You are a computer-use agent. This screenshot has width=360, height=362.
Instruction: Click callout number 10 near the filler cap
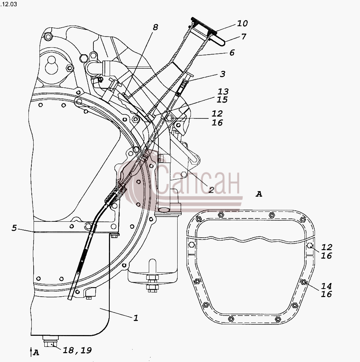click(242, 23)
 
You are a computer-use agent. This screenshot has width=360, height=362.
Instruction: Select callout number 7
click(244, 37)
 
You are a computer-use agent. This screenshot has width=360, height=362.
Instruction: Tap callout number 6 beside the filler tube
click(232, 53)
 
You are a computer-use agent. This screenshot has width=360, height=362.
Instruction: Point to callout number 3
click(222, 74)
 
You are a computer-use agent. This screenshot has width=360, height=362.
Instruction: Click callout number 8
click(155, 27)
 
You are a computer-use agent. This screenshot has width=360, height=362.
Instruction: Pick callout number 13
click(223, 92)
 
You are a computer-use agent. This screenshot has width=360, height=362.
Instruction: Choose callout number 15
click(222, 100)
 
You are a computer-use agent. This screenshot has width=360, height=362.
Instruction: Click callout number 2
click(211, 190)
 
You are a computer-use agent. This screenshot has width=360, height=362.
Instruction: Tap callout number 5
click(14, 228)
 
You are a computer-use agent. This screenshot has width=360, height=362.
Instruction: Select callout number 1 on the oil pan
click(136, 318)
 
